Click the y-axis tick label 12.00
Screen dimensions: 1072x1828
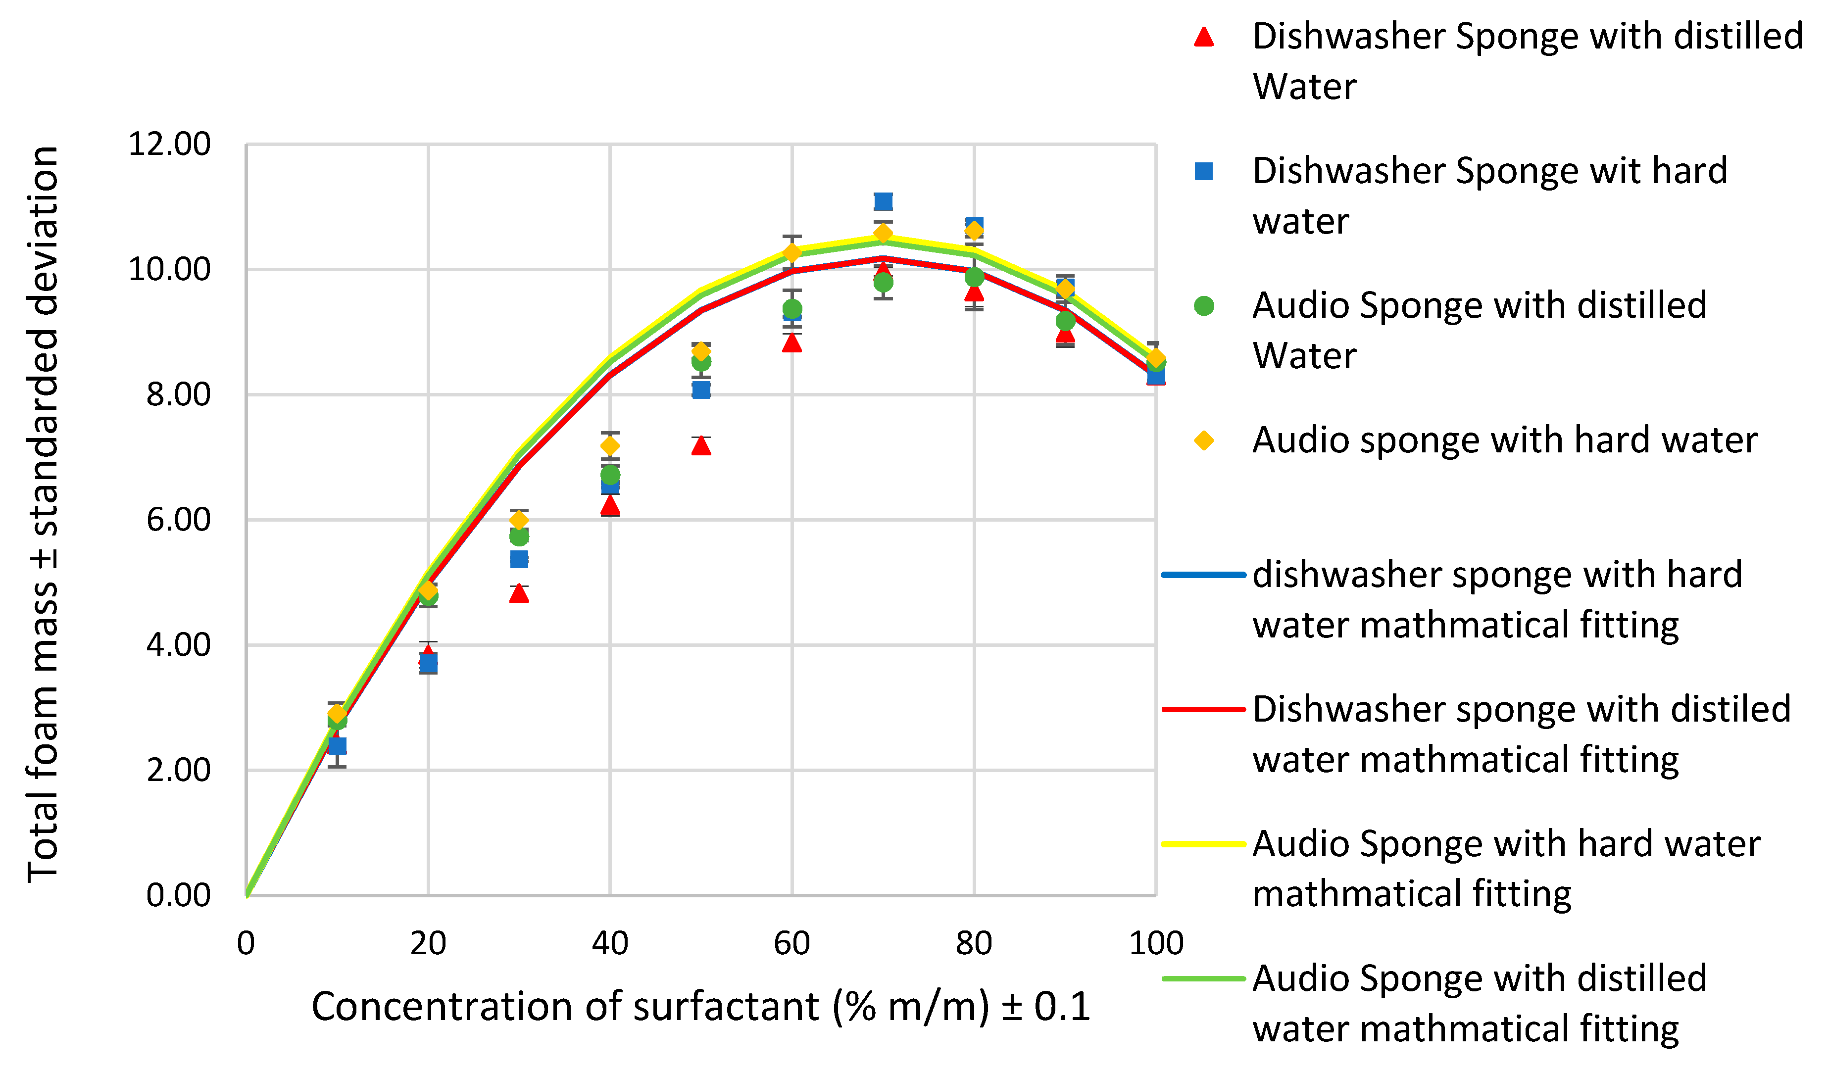coord(169,145)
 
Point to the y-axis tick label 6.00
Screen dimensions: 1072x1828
coord(178,520)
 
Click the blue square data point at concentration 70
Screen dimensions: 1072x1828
coord(883,201)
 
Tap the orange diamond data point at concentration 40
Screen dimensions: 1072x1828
coord(610,445)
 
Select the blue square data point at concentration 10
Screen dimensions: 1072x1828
coord(337,746)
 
